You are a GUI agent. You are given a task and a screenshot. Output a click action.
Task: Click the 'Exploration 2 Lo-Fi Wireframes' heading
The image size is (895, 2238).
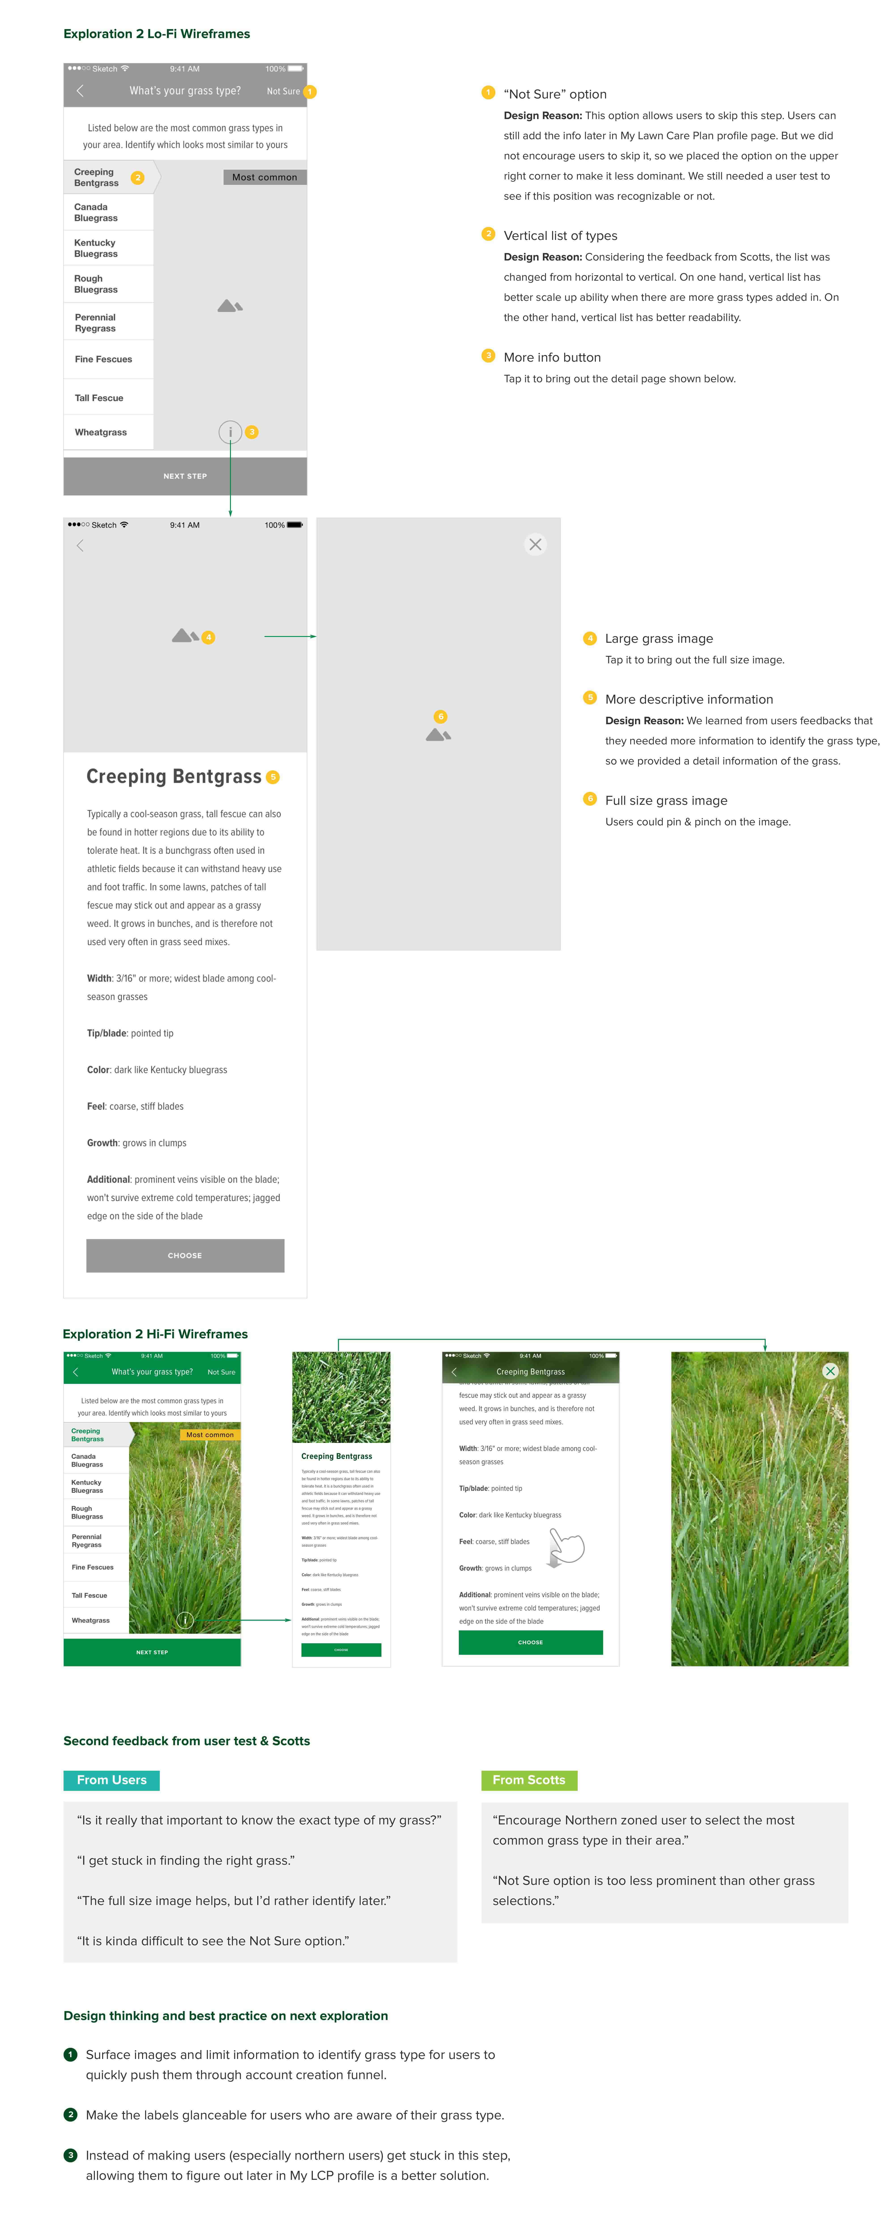(x=156, y=34)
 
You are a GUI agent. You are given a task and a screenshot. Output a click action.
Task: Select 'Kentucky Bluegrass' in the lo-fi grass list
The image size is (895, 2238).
(x=96, y=248)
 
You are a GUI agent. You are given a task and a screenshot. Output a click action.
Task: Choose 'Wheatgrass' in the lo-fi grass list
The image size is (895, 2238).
(x=101, y=432)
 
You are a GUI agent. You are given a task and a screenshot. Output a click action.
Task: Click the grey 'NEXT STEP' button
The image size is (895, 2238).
(x=185, y=476)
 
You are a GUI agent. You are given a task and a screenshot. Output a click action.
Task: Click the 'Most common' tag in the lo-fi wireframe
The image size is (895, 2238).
(x=264, y=177)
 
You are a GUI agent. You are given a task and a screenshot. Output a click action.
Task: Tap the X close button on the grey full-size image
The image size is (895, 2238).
(x=535, y=545)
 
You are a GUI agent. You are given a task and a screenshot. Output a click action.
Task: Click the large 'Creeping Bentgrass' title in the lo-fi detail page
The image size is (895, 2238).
(x=174, y=777)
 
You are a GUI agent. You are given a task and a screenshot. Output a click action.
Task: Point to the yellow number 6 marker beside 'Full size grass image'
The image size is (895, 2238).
(x=590, y=799)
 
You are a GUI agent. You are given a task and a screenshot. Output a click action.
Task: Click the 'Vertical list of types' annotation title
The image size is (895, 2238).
(x=560, y=235)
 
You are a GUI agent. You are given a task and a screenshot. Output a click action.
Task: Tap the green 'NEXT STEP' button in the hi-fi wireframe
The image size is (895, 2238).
(x=152, y=1652)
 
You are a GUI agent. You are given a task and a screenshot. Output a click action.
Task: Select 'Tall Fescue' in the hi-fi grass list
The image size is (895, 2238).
(x=89, y=1595)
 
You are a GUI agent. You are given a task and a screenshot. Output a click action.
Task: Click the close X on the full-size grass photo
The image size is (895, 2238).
(x=830, y=1371)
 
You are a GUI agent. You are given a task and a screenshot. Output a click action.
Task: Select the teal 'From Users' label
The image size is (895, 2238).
(x=111, y=1780)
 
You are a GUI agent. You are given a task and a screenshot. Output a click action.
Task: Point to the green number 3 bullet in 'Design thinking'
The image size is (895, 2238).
(x=70, y=2155)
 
